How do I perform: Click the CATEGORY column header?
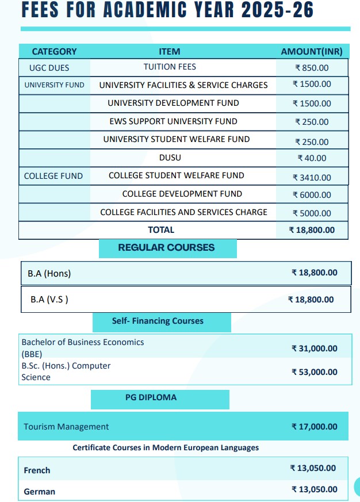click(54, 52)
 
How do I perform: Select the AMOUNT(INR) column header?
click(312, 52)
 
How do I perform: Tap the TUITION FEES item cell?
click(170, 67)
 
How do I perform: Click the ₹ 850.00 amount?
click(312, 68)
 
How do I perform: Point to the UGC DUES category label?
click(49, 68)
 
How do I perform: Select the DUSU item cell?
click(170, 158)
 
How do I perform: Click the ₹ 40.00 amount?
click(312, 158)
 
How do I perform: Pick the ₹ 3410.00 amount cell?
click(312, 178)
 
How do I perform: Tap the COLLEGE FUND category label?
click(53, 176)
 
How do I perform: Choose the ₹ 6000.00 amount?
click(312, 195)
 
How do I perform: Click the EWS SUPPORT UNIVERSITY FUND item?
click(173, 121)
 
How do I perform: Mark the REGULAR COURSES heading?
click(166, 248)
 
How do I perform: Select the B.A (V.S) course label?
click(49, 300)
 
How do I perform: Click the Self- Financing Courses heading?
click(158, 321)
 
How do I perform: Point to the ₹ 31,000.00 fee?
click(315, 348)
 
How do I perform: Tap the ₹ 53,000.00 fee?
click(315, 372)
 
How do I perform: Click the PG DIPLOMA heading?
click(151, 397)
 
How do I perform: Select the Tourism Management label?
click(66, 427)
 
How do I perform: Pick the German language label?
click(40, 492)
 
